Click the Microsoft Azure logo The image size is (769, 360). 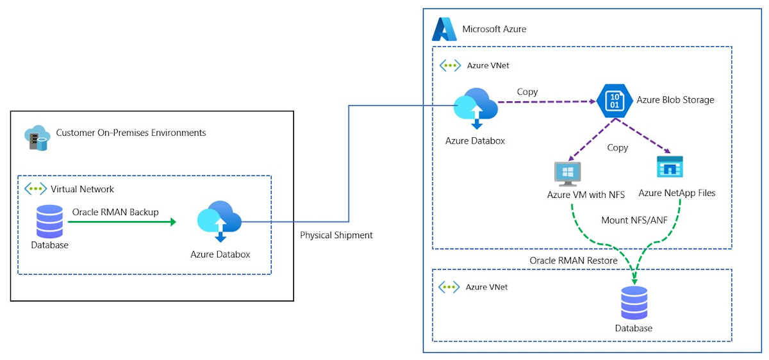pos(444,29)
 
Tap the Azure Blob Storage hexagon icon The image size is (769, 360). pos(615,101)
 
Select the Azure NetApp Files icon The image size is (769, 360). pos(670,167)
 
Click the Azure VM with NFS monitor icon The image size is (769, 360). pos(567,174)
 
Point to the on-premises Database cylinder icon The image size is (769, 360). pos(49,222)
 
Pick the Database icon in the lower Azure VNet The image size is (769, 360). pos(634,303)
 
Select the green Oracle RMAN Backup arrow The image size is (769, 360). pos(122,222)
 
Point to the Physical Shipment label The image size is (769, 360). pos(336,235)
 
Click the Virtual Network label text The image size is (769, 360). pos(83,189)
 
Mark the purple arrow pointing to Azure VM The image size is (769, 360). pos(586,139)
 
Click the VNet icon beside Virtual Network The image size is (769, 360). pos(35,189)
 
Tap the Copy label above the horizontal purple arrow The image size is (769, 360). pos(527,92)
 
